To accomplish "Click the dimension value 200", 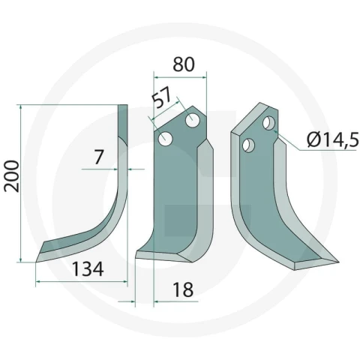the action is point(12,176).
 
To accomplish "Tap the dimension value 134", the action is point(88,269).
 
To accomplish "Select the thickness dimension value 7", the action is point(99,157).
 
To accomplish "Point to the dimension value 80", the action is point(184,64).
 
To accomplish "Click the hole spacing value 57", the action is point(162,97).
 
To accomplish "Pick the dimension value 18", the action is point(183,289).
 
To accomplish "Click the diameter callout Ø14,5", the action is point(333,139).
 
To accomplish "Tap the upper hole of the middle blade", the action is point(193,121).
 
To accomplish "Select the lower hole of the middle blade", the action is point(166,139).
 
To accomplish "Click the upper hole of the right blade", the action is point(268,123).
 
